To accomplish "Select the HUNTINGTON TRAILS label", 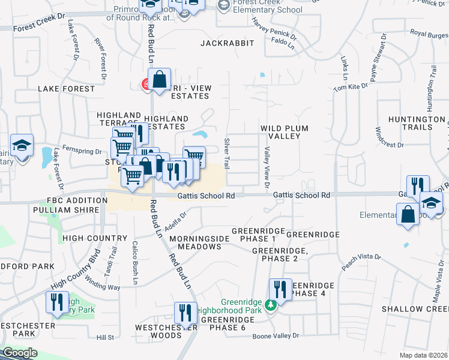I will pyautogui.click(x=418, y=123).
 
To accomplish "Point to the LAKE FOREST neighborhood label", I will pyautogui.click(x=66, y=89).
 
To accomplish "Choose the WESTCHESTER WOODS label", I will pyautogui.click(x=158, y=331).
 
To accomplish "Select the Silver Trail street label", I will pyautogui.click(x=227, y=153).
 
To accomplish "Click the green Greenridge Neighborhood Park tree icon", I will pyautogui.click(x=271, y=305).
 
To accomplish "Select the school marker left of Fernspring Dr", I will pyautogui.click(x=22, y=146).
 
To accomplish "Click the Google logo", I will pyautogui.click(x=20, y=353).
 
